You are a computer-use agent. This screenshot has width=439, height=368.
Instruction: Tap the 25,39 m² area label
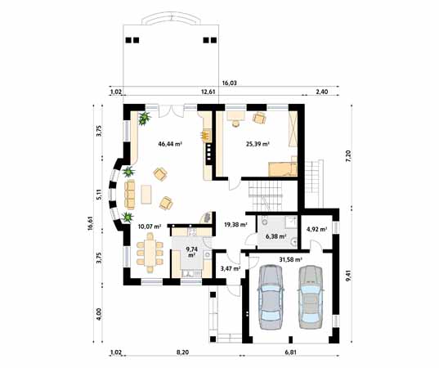pyautogui.click(x=258, y=144)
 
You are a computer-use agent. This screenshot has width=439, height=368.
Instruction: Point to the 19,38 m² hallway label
pyautogui.click(x=235, y=224)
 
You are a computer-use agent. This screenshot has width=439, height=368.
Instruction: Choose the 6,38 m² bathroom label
pyautogui.click(x=276, y=236)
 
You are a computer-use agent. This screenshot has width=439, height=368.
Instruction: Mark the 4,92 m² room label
pyautogui.click(x=316, y=230)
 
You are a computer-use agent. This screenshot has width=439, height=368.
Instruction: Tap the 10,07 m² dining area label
pyautogui.click(x=149, y=226)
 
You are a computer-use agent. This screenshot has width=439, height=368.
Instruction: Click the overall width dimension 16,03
pyautogui.click(x=230, y=83)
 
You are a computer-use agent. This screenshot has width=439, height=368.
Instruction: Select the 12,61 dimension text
pyautogui.click(x=208, y=92)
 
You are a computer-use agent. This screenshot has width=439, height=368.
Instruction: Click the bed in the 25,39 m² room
pyautogui.click(x=282, y=168)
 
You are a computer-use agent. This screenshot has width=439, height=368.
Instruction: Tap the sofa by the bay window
pyautogui.click(x=131, y=194)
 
